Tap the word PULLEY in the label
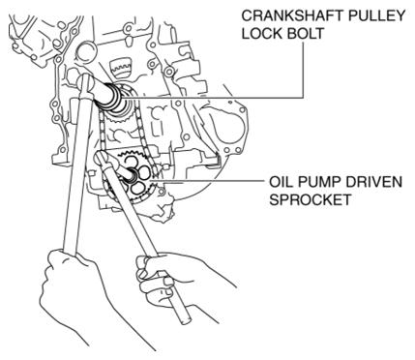372,16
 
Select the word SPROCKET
311,199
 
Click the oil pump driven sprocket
133,176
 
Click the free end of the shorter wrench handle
185,321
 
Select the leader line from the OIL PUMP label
212,182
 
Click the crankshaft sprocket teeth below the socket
118,120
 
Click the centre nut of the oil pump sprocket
133,175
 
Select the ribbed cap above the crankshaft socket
121,68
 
